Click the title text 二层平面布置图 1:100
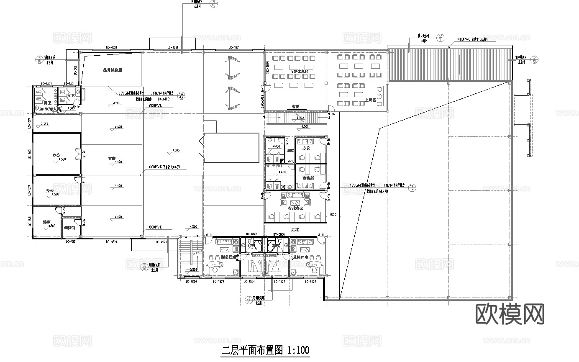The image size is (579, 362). click(x=265, y=350)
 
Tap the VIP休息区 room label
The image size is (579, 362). click(x=299, y=72)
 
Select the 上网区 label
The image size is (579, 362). click(x=370, y=100)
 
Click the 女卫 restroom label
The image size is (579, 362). click(x=71, y=95)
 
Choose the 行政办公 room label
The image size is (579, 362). click(x=296, y=208)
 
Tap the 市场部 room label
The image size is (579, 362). click(x=308, y=178)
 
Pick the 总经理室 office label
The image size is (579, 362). click(x=300, y=257)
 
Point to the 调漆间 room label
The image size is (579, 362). click(x=69, y=228)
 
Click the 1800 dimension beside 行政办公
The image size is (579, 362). click(x=333, y=215)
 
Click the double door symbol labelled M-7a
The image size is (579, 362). click(x=77, y=155)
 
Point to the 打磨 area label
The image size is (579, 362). click(x=111, y=159)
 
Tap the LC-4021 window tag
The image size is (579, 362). click(x=161, y=242)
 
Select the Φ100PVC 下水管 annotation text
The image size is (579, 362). click(x=164, y=167)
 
